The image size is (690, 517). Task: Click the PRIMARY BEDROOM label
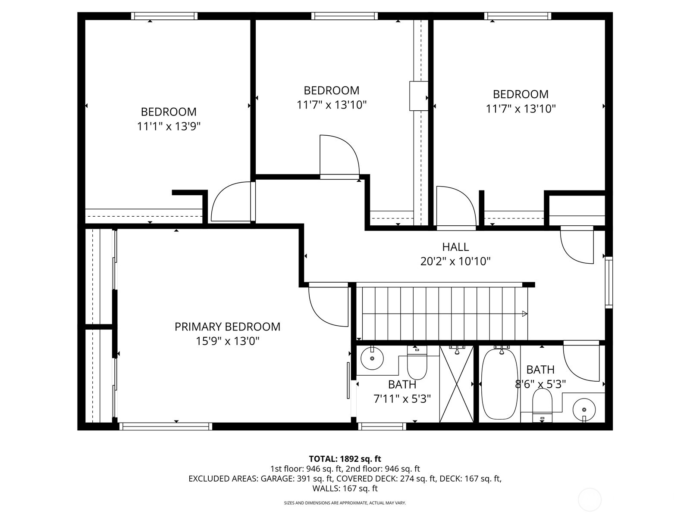tap(227, 327)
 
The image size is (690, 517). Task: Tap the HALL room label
tap(455, 247)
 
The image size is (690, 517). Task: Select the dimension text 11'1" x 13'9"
tap(169, 126)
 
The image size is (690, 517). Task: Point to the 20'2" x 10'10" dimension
tap(455, 261)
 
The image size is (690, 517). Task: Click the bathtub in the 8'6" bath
tap(499, 384)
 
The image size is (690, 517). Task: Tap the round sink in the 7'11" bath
tap(372, 358)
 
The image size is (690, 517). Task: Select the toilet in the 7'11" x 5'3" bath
tap(417, 364)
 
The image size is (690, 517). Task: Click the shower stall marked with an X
tap(456, 383)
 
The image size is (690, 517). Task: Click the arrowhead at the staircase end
tap(524, 314)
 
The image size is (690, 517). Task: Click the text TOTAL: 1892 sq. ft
tap(345, 459)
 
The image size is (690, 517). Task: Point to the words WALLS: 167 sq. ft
tap(345, 488)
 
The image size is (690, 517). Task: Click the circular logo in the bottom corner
tap(589, 500)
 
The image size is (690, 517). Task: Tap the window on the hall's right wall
tap(608, 282)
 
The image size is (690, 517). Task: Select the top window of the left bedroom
tap(164, 16)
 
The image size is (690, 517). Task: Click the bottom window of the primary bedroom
tap(166, 426)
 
